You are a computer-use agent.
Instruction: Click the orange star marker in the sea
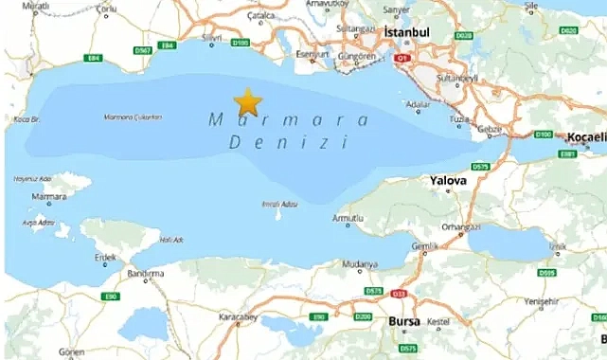point(247,100)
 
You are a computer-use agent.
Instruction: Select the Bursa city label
point(404,322)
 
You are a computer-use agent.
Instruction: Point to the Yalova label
point(448,180)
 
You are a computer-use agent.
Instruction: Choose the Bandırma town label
point(147,274)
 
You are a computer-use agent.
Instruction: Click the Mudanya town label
point(361,264)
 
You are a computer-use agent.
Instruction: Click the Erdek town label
point(105,258)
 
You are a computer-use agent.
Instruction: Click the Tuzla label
point(459,119)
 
